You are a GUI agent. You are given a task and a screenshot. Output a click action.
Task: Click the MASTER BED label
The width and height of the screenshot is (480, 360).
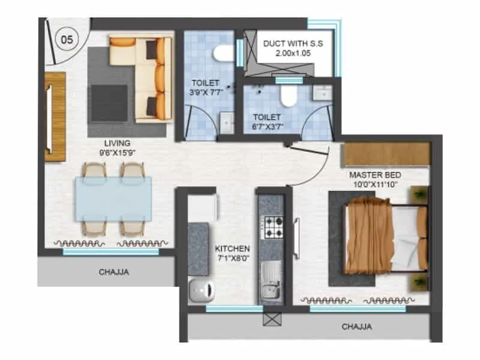pos(376,175)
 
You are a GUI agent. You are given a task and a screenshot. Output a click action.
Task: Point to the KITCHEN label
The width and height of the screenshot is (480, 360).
pos(232,248)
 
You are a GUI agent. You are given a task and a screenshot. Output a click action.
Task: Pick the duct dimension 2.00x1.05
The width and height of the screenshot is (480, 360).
pos(292,54)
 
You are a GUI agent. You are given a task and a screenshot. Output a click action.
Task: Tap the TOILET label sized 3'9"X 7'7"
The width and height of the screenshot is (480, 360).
pos(205,83)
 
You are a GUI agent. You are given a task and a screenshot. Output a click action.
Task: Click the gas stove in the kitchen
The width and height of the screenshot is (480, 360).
pos(274,227)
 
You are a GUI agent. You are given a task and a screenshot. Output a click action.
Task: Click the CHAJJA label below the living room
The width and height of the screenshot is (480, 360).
pos(113,272)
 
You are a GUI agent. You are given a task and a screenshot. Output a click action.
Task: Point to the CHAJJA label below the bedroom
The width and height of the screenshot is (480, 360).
pos(356,327)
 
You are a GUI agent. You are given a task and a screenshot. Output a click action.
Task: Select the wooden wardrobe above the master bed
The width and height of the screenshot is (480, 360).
pos(386,155)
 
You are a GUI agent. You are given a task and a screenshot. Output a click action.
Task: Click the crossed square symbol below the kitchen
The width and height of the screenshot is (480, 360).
pos(269,319)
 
